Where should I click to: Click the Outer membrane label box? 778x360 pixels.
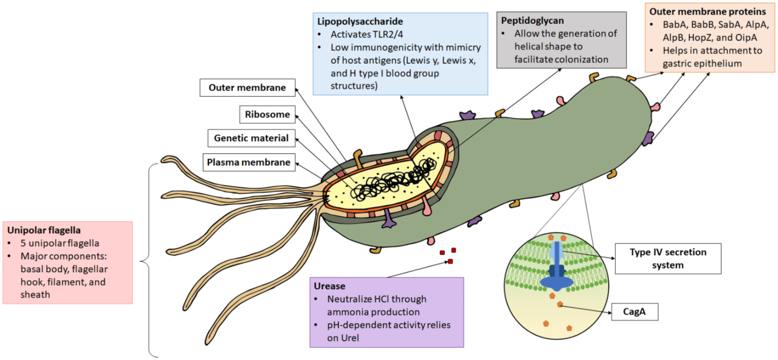247,88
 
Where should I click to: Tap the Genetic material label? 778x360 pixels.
251,138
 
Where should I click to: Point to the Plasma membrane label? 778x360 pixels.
248,162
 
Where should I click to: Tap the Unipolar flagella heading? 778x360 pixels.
44,230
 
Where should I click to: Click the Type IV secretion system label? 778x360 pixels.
668,258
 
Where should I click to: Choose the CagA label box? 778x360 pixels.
635,311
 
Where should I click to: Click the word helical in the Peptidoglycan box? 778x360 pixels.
529,47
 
